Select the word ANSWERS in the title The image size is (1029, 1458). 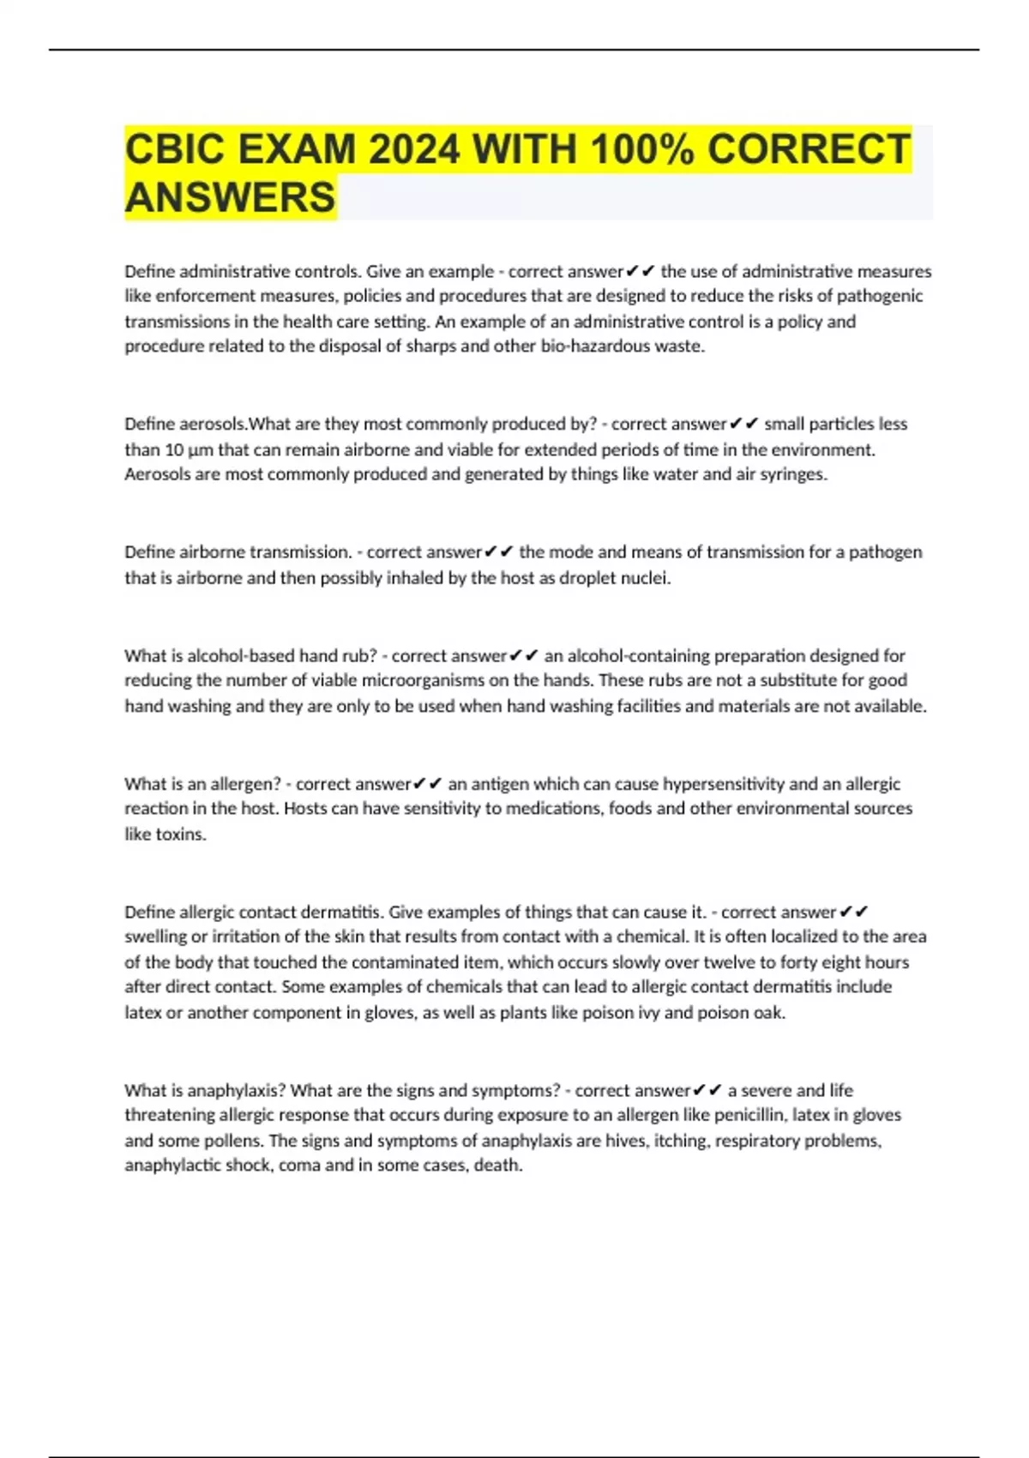(x=230, y=197)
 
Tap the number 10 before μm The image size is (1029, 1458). (x=163, y=449)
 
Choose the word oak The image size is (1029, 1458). (x=768, y=1013)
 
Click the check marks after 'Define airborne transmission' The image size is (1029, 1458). (x=499, y=552)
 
